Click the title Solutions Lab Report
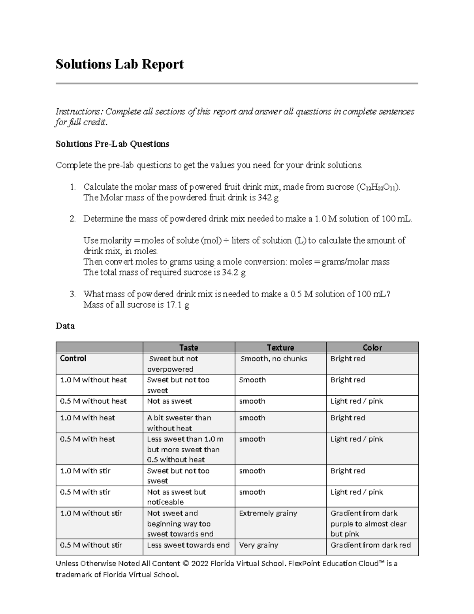point(119,64)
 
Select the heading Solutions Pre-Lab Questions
point(112,144)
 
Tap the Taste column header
point(188,348)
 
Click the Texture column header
point(280,348)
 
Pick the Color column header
point(372,348)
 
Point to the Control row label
point(73,358)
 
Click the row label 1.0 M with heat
point(87,418)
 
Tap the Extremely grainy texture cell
point(268,513)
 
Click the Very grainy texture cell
point(258,545)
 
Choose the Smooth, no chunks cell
point(274,359)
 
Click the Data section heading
point(65,326)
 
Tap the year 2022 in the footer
point(201,563)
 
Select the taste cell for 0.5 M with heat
point(185,449)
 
